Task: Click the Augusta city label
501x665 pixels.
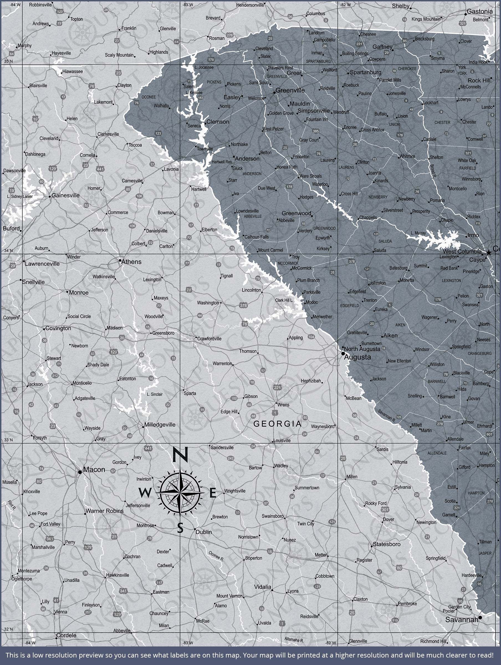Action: (x=357, y=357)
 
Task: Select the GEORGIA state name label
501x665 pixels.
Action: (x=277, y=424)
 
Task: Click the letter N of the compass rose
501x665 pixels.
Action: (x=180, y=455)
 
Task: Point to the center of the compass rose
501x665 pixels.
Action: (x=180, y=493)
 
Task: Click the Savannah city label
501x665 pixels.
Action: (x=462, y=620)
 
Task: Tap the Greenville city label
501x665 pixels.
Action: (x=290, y=90)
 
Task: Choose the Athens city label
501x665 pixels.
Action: (x=131, y=262)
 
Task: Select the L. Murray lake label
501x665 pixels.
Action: (x=418, y=233)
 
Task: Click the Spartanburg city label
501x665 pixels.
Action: (x=365, y=72)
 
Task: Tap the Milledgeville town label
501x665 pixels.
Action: (x=160, y=425)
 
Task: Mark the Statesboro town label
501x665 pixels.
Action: (x=387, y=544)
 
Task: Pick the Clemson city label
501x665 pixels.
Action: (x=218, y=122)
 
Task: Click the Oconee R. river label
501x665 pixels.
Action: (x=216, y=556)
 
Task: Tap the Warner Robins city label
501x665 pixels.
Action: (x=105, y=511)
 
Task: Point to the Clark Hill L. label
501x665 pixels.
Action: (x=284, y=300)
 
